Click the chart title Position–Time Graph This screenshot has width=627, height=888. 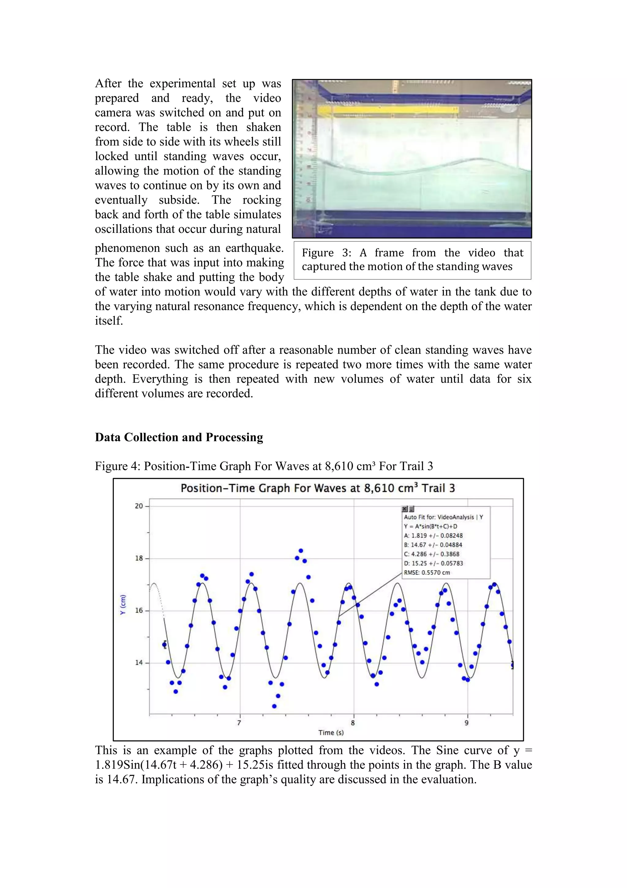(317, 488)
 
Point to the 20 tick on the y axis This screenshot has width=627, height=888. (139, 506)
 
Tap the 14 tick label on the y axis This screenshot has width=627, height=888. (139, 662)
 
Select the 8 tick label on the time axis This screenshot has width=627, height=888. (353, 723)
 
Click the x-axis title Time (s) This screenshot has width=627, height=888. (331, 733)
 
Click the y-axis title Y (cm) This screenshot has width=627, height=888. (123, 605)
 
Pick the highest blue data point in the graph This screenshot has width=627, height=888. (301, 551)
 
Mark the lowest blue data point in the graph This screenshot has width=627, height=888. (274, 706)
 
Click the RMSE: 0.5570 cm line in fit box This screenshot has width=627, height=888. (427, 573)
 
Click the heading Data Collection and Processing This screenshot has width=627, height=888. (179, 438)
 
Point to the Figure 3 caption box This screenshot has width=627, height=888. (412, 260)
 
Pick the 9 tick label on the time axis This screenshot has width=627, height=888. (467, 723)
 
